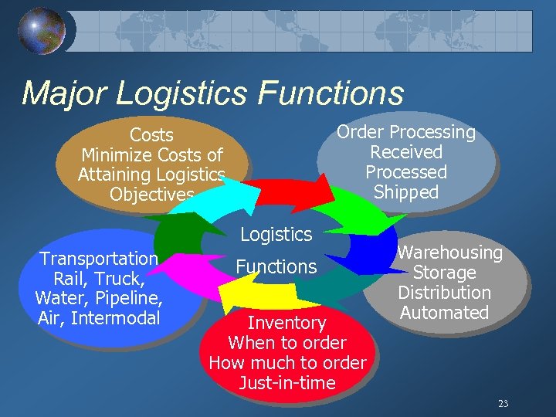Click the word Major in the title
[66, 93]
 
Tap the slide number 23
[503, 403]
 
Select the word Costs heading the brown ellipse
[151, 136]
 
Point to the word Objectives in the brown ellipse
[151, 195]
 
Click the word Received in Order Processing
[406, 152]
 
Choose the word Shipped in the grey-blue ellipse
[406, 192]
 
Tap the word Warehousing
[449, 253]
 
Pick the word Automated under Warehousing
[445, 313]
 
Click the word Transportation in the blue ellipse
[99, 259]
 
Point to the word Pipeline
[129, 298]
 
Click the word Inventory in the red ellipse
[286, 323]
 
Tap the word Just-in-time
[287, 383]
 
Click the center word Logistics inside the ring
[276, 234]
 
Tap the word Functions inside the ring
[276, 267]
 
